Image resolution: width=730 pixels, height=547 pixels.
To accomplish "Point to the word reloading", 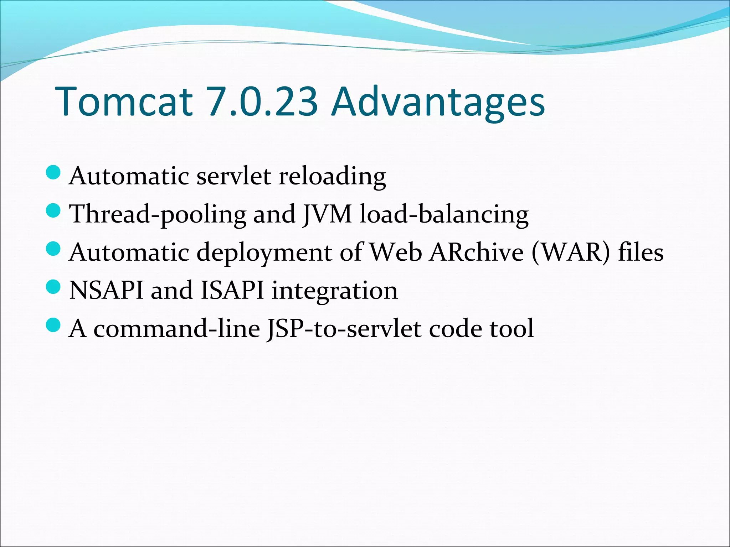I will coord(332,176).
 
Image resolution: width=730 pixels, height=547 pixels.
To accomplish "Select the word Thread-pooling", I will coord(158,215).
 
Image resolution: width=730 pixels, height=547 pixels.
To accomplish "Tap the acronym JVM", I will coord(327,214).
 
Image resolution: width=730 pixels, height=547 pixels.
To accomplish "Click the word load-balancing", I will coord(444,215).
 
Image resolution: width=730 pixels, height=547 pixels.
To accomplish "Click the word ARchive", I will coord(476,252).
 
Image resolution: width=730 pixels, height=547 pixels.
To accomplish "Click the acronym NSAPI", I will coord(106,290).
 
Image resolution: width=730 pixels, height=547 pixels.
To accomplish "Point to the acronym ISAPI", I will coord(232,290).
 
